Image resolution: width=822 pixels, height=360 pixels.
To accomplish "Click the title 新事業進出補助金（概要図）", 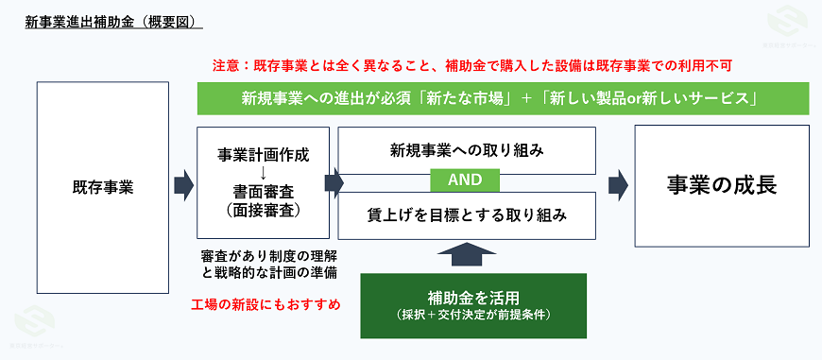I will coord(113,21).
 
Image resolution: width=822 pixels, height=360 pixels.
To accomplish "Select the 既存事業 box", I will coord(103,186).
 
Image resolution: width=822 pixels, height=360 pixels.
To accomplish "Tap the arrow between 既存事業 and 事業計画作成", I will coord(183,186).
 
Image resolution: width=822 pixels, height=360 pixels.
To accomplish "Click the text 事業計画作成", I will coord(264,154).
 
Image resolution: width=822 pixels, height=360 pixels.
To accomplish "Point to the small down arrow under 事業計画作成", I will coord(264,173).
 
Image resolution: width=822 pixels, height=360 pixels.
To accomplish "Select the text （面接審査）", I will coord(264,211).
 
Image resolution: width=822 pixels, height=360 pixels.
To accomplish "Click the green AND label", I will coord(467,180).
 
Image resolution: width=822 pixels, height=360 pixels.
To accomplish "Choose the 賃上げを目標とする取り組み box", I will coord(467,215).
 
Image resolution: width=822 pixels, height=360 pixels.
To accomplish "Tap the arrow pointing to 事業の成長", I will coord(618,182).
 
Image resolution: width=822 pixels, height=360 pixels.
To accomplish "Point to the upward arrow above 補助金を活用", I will coord(467,253).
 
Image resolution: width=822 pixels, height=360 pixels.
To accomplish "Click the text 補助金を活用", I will coord(473,298).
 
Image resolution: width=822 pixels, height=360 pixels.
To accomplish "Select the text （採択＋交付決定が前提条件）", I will coord(473,316).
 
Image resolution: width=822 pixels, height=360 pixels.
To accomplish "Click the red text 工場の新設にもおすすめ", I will coord(265,304).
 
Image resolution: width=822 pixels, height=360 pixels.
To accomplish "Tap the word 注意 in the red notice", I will coord(226,66).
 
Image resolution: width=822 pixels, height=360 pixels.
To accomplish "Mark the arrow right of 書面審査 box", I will coord(334,182).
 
